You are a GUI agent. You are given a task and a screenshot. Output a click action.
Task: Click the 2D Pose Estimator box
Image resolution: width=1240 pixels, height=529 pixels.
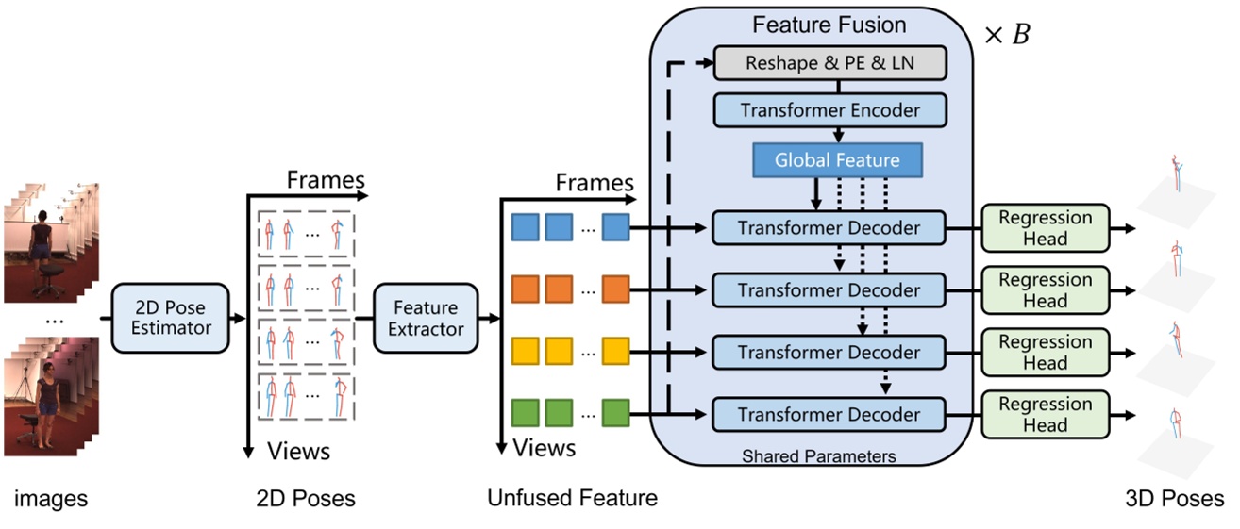click(170, 318)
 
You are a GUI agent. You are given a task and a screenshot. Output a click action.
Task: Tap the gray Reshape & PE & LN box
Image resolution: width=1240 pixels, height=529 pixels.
click(829, 63)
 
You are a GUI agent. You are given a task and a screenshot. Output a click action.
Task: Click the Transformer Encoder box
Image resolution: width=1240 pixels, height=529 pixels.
click(829, 110)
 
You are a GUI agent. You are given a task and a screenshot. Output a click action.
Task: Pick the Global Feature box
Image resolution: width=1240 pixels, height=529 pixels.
click(837, 160)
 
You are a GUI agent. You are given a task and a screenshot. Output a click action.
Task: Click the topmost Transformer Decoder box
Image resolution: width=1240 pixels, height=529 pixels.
click(829, 228)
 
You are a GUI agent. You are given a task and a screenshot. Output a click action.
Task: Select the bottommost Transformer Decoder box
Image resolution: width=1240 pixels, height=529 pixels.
click(829, 415)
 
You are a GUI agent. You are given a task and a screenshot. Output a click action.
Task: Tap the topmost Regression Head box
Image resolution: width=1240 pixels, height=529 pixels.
click(1045, 228)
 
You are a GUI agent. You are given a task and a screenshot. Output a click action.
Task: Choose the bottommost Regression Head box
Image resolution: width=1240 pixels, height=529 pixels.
click(1045, 415)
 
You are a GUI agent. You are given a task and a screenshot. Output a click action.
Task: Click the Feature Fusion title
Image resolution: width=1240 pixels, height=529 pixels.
click(829, 25)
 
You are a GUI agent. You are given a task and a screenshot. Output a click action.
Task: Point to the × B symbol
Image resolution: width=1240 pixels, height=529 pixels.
click(1007, 36)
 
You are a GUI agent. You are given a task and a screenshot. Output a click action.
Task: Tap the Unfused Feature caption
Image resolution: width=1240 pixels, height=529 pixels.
click(572, 498)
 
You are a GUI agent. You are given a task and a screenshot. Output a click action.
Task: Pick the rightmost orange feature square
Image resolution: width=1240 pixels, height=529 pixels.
click(616, 289)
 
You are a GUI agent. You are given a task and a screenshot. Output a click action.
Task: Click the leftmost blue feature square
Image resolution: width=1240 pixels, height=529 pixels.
click(525, 227)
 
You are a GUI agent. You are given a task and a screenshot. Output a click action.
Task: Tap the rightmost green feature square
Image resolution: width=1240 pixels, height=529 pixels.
click(616, 414)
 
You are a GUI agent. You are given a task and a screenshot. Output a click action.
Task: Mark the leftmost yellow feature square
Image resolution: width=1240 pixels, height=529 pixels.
click(525, 352)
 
